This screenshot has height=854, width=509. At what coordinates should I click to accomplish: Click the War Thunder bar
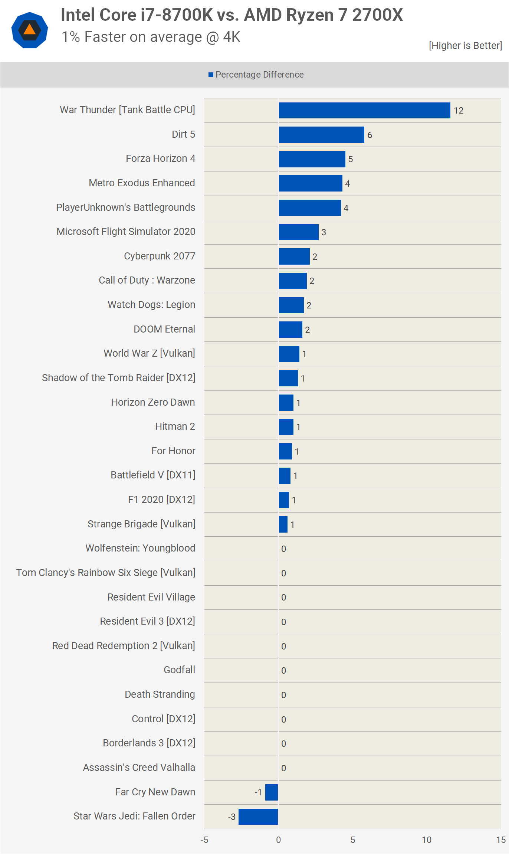pos(364,111)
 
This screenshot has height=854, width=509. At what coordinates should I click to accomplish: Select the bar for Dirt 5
pos(321,135)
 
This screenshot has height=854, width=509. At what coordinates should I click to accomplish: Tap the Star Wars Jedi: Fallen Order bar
pos(258,817)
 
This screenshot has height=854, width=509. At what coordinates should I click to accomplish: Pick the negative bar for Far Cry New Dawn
pos(272,792)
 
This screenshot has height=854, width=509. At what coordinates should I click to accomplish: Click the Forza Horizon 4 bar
pos(312,159)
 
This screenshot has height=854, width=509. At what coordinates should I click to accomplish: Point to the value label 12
pos(459,111)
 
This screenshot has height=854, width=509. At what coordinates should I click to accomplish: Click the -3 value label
pos(232,817)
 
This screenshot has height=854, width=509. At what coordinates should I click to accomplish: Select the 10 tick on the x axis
pos(427,840)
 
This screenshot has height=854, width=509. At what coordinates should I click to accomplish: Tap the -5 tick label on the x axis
pos(204,840)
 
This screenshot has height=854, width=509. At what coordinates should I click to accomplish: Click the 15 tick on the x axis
pos(501,840)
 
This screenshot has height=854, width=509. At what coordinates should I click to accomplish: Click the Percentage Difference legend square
pos(211,75)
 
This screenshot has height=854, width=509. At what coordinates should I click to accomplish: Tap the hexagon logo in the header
pos(30,30)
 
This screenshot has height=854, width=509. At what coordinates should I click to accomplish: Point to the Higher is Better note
pos(465,46)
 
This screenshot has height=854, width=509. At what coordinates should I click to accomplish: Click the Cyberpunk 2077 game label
pos(160,256)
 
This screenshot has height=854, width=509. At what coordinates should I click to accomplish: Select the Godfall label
pos(179,670)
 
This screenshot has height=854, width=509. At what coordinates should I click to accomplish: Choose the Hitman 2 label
pos(175,426)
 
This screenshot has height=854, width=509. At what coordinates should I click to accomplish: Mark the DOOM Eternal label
pos(164,329)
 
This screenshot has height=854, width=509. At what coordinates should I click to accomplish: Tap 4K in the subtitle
pos(231,37)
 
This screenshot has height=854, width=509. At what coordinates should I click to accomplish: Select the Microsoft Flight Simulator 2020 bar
pos(299,232)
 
